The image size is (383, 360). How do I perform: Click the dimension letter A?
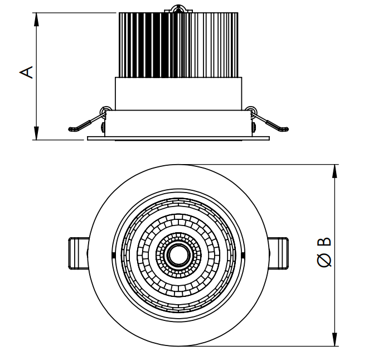point(26,72)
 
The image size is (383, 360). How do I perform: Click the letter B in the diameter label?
point(324,242)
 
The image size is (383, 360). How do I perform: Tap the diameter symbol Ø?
point(325,260)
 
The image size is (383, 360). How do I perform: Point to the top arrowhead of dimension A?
point(36,20)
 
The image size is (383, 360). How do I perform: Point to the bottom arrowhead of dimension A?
point(36,133)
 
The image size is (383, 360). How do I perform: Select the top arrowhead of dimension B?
point(335,171)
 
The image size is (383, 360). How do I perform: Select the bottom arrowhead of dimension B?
point(335,339)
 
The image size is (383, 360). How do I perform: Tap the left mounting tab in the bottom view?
point(78,253)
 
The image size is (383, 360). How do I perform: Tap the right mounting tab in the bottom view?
point(278,253)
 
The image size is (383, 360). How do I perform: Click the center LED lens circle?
point(178,255)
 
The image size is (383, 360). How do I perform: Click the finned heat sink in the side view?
point(178,45)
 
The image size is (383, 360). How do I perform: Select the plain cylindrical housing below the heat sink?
point(178,94)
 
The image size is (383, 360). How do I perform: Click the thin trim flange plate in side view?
point(178,138)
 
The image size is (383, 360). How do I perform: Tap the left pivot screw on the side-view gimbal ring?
point(103,127)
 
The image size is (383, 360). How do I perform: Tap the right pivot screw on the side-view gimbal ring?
point(254,127)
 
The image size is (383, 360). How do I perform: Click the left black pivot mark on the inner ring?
point(113,255)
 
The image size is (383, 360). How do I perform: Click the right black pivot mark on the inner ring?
point(243,255)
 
